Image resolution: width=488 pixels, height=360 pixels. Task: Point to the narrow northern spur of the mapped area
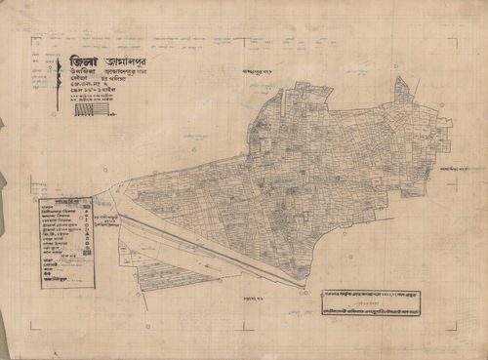(402, 90)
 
